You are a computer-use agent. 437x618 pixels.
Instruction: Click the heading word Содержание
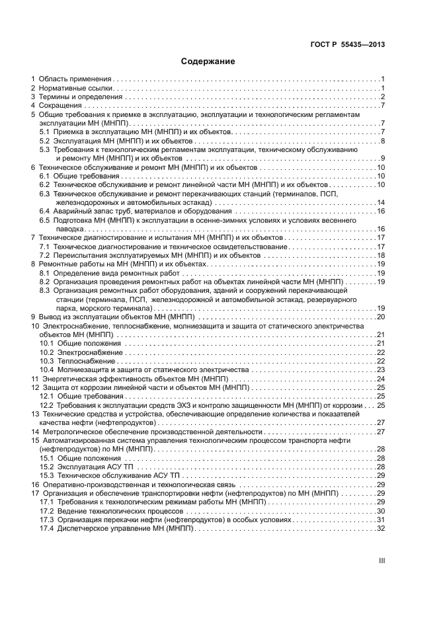pyautogui.click(x=208, y=61)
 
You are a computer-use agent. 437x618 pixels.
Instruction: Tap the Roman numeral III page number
pyautogui.click(x=381, y=560)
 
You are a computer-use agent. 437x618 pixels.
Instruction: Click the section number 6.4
pyautogui.click(x=45, y=211)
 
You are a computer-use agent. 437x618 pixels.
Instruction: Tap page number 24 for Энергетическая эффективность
pyautogui.click(x=381, y=379)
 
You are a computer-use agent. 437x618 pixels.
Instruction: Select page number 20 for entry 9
pyautogui.click(x=381, y=317)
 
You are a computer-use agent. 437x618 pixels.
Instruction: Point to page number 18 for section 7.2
pyautogui.click(x=381, y=255)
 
